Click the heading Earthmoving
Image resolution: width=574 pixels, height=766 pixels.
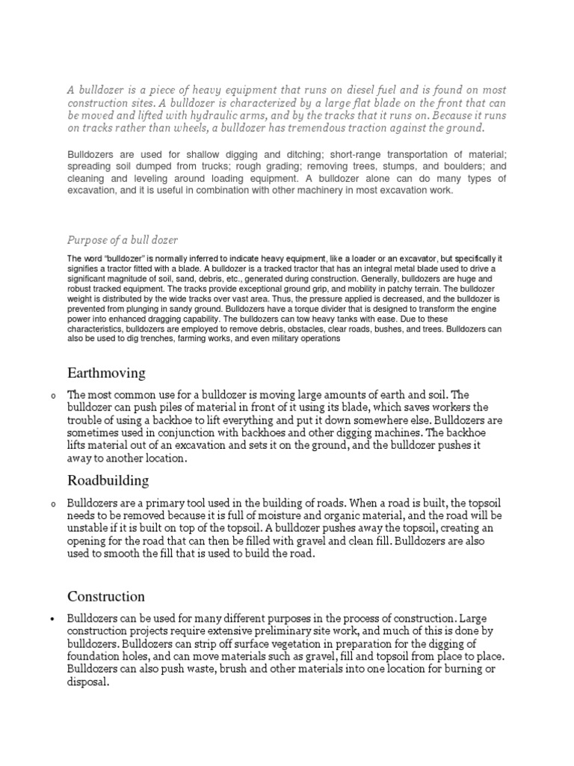tap(106, 372)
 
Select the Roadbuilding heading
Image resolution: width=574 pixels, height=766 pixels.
tap(108, 479)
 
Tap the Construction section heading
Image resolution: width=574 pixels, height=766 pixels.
tap(106, 596)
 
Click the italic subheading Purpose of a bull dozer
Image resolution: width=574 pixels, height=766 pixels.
tap(123, 240)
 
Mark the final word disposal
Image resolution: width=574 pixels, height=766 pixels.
tap(88, 682)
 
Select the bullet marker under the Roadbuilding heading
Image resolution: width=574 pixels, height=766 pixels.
tap(52, 504)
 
